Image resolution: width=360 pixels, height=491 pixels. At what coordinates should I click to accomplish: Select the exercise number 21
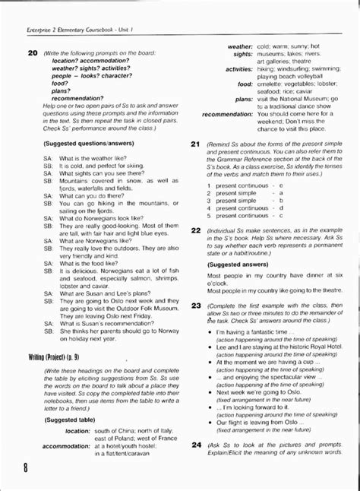click(x=195, y=144)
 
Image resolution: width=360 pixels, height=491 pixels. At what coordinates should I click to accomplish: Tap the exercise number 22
click(x=195, y=229)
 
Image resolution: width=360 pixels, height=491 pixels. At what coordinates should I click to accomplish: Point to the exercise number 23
click(x=195, y=305)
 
